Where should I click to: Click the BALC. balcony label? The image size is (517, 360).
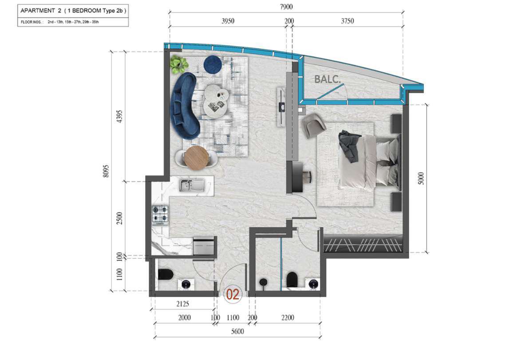[x=327, y=79]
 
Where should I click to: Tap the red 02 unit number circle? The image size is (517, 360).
[x=233, y=294]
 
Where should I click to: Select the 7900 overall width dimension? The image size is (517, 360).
[x=286, y=7]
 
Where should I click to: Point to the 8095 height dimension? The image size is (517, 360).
[x=106, y=171]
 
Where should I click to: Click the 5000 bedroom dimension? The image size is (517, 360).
[x=421, y=178]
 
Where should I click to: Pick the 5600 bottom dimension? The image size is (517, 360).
[x=237, y=331]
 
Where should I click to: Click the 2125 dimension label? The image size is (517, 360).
[x=182, y=304]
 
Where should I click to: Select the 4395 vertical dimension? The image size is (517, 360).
[x=119, y=117]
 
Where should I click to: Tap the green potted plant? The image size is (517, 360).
[x=178, y=65]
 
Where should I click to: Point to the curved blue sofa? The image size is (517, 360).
[x=185, y=106]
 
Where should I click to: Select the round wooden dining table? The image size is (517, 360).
[x=197, y=158]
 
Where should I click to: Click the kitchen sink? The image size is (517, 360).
[x=192, y=185]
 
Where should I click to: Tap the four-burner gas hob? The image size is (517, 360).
[x=160, y=215]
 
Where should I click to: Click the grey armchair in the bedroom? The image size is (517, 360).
[x=313, y=125]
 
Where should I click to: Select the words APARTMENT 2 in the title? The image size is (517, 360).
[x=41, y=11]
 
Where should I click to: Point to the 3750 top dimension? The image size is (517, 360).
[x=347, y=21]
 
